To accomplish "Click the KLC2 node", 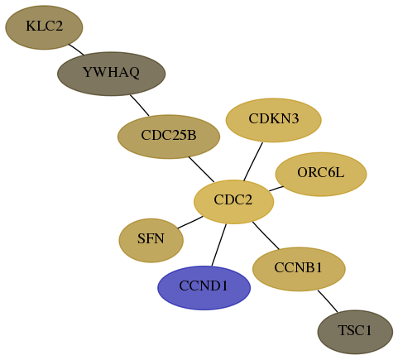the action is pyautogui.click(x=44, y=27).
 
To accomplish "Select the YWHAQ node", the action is pyautogui.click(x=112, y=74).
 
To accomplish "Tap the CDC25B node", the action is pyautogui.click(x=169, y=137).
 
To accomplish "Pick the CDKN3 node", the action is pyautogui.click(x=274, y=120).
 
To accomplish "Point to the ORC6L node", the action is pyautogui.click(x=321, y=174).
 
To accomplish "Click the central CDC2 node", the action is pyautogui.click(x=234, y=202).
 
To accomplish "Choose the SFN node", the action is pyautogui.click(x=151, y=240).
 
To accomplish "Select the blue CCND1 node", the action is pyautogui.click(x=204, y=288).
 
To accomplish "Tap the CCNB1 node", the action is pyautogui.click(x=299, y=269).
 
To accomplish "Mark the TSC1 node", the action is pyautogui.click(x=355, y=332).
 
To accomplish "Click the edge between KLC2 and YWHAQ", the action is pyautogui.click(x=76, y=50).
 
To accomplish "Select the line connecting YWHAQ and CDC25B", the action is pyautogui.click(x=140, y=105).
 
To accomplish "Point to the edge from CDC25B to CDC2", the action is pyautogui.click(x=201, y=170).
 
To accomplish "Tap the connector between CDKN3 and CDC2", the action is pyautogui.click(x=253, y=161).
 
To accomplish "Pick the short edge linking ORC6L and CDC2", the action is pyautogui.click(x=276, y=189).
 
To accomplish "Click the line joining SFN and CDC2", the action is pyautogui.click(x=190, y=223).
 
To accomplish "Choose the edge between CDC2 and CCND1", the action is pyautogui.click(x=219, y=245).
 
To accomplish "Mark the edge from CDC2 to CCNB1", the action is pyautogui.click(x=266, y=235).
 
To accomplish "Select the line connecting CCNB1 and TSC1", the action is pyautogui.click(x=328, y=301).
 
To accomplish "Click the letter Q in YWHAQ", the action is pyautogui.click(x=133, y=73).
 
